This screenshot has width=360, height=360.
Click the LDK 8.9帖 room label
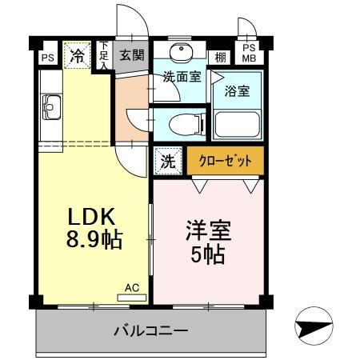pyautogui.click(x=92, y=227)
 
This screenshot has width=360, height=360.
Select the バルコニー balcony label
pyautogui.click(x=150, y=330)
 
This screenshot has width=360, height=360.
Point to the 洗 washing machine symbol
pyautogui.click(x=168, y=160)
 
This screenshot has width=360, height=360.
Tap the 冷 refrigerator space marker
pyautogui.click(x=77, y=55)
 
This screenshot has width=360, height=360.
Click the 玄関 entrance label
pyautogui.click(x=131, y=56)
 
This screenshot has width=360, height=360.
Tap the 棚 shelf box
pyautogui.click(x=219, y=57)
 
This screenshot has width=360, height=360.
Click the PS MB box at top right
pyautogui.click(x=249, y=53)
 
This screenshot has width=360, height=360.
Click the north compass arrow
pyautogui.click(x=314, y=328)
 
